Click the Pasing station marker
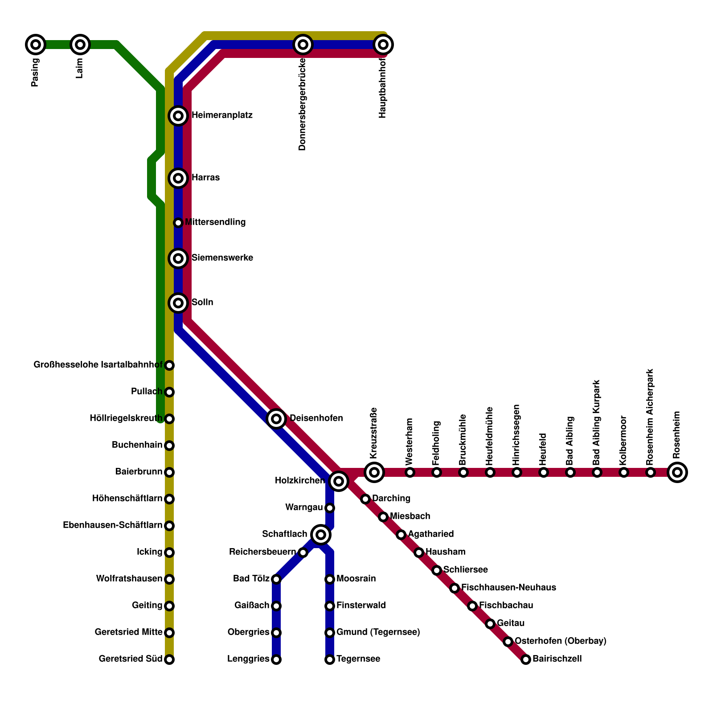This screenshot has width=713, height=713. [x=36, y=45]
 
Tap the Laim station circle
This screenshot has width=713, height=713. [x=80, y=45]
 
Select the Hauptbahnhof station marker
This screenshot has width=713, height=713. [x=383, y=45]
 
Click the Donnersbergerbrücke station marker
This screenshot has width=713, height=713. [x=303, y=45]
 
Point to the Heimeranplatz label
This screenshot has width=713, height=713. [x=222, y=116]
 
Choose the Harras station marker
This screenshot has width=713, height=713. [x=178, y=178]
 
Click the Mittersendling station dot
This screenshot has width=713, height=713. [x=178, y=222]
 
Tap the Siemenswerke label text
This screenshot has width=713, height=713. [x=222, y=258]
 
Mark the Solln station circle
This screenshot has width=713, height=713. [x=178, y=303]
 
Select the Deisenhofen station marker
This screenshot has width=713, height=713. [x=276, y=418]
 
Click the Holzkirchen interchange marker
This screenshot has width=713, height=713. [x=339, y=481]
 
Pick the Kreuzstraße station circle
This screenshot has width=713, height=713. [x=374, y=472]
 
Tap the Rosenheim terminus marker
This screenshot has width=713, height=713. [x=677, y=472]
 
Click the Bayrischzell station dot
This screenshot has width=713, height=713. [x=526, y=660]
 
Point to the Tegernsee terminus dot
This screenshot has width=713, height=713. [x=330, y=660]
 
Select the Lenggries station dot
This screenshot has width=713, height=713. [x=276, y=660]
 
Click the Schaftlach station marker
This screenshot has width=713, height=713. [x=321, y=534]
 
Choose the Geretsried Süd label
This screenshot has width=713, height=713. [x=130, y=659]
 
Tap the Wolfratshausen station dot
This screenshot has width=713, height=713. [x=169, y=579]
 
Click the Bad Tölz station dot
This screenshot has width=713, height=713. [x=276, y=579]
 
